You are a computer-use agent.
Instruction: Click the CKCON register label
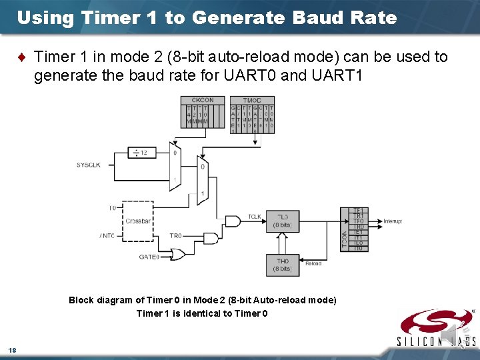tap(194, 101)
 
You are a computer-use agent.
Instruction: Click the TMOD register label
tap(252, 101)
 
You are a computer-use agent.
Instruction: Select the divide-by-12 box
tap(141, 153)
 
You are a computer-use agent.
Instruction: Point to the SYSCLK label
tap(88, 165)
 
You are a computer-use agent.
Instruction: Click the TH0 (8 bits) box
tap(283, 265)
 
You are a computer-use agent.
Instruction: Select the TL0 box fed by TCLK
tap(283, 221)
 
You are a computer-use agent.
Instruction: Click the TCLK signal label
tap(255, 217)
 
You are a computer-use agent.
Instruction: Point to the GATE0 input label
tap(148, 257)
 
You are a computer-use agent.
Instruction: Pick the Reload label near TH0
tap(313, 263)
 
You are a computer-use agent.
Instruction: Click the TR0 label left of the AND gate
tap(175, 235)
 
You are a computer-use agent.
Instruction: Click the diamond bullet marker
tap(24, 57)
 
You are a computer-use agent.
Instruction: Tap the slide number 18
tap(12, 350)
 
